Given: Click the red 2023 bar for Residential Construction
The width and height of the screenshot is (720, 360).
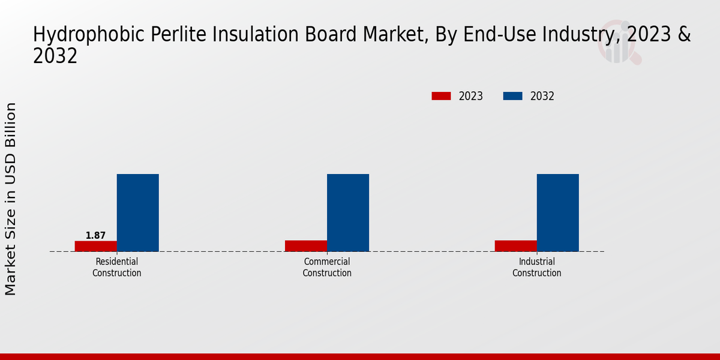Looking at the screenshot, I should [95, 246].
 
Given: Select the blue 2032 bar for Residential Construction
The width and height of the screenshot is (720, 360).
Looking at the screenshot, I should [137, 212].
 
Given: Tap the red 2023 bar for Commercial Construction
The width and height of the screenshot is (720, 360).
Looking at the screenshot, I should [305, 246].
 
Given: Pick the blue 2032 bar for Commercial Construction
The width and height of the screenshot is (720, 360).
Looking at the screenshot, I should [347, 212].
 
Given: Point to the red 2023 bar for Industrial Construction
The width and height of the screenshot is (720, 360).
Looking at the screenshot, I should [515, 246].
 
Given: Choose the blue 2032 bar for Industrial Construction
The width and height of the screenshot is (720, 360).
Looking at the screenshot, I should [557, 212].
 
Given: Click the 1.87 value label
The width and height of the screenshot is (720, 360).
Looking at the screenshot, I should [95, 235].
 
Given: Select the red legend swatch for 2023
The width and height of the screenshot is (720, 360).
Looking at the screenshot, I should [441, 96].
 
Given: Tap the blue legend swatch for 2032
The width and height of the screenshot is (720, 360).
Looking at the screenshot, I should [512, 96].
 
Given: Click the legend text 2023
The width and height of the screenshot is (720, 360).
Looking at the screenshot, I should [471, 96].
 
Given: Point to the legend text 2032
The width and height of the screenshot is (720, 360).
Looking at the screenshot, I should [542, 96].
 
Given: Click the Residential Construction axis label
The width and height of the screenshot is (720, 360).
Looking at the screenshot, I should [117, 268].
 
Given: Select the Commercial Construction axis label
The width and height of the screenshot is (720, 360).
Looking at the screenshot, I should [327, 268].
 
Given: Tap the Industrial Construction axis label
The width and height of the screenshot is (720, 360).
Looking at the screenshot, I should [537, 268].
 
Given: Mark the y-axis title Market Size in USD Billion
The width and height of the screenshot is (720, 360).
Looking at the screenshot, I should [11, 199].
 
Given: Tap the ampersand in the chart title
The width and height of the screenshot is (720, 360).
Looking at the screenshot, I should [685, 35].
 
